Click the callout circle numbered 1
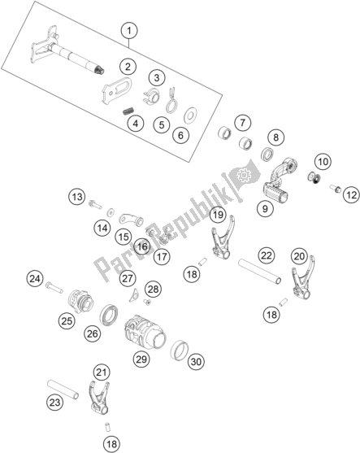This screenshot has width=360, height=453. (129, 30)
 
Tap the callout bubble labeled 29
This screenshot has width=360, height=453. (141, 359)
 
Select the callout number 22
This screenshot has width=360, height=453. (267, 255)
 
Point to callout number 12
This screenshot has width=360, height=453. (351, 195)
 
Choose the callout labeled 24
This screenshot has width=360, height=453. (35, 279)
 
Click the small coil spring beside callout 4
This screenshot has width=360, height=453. (127, 111)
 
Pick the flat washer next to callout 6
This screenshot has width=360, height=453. (190, 115)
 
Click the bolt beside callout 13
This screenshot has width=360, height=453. (95, 204)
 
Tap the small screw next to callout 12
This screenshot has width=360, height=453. (336, 189)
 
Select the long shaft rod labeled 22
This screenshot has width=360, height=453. (259, 272)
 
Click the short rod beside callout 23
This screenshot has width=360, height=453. (63, 390)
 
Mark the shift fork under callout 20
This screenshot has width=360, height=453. (302, 277)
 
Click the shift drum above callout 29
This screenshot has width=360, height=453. (145, 331)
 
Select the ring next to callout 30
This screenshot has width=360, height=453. (180, 350)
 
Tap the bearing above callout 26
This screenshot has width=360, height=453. (109, 316)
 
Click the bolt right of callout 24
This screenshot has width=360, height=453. (54, 287)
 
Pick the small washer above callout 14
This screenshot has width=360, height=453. (110, 213)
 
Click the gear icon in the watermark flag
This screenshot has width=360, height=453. (242, 175)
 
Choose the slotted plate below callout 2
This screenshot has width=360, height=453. (116, 91)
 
